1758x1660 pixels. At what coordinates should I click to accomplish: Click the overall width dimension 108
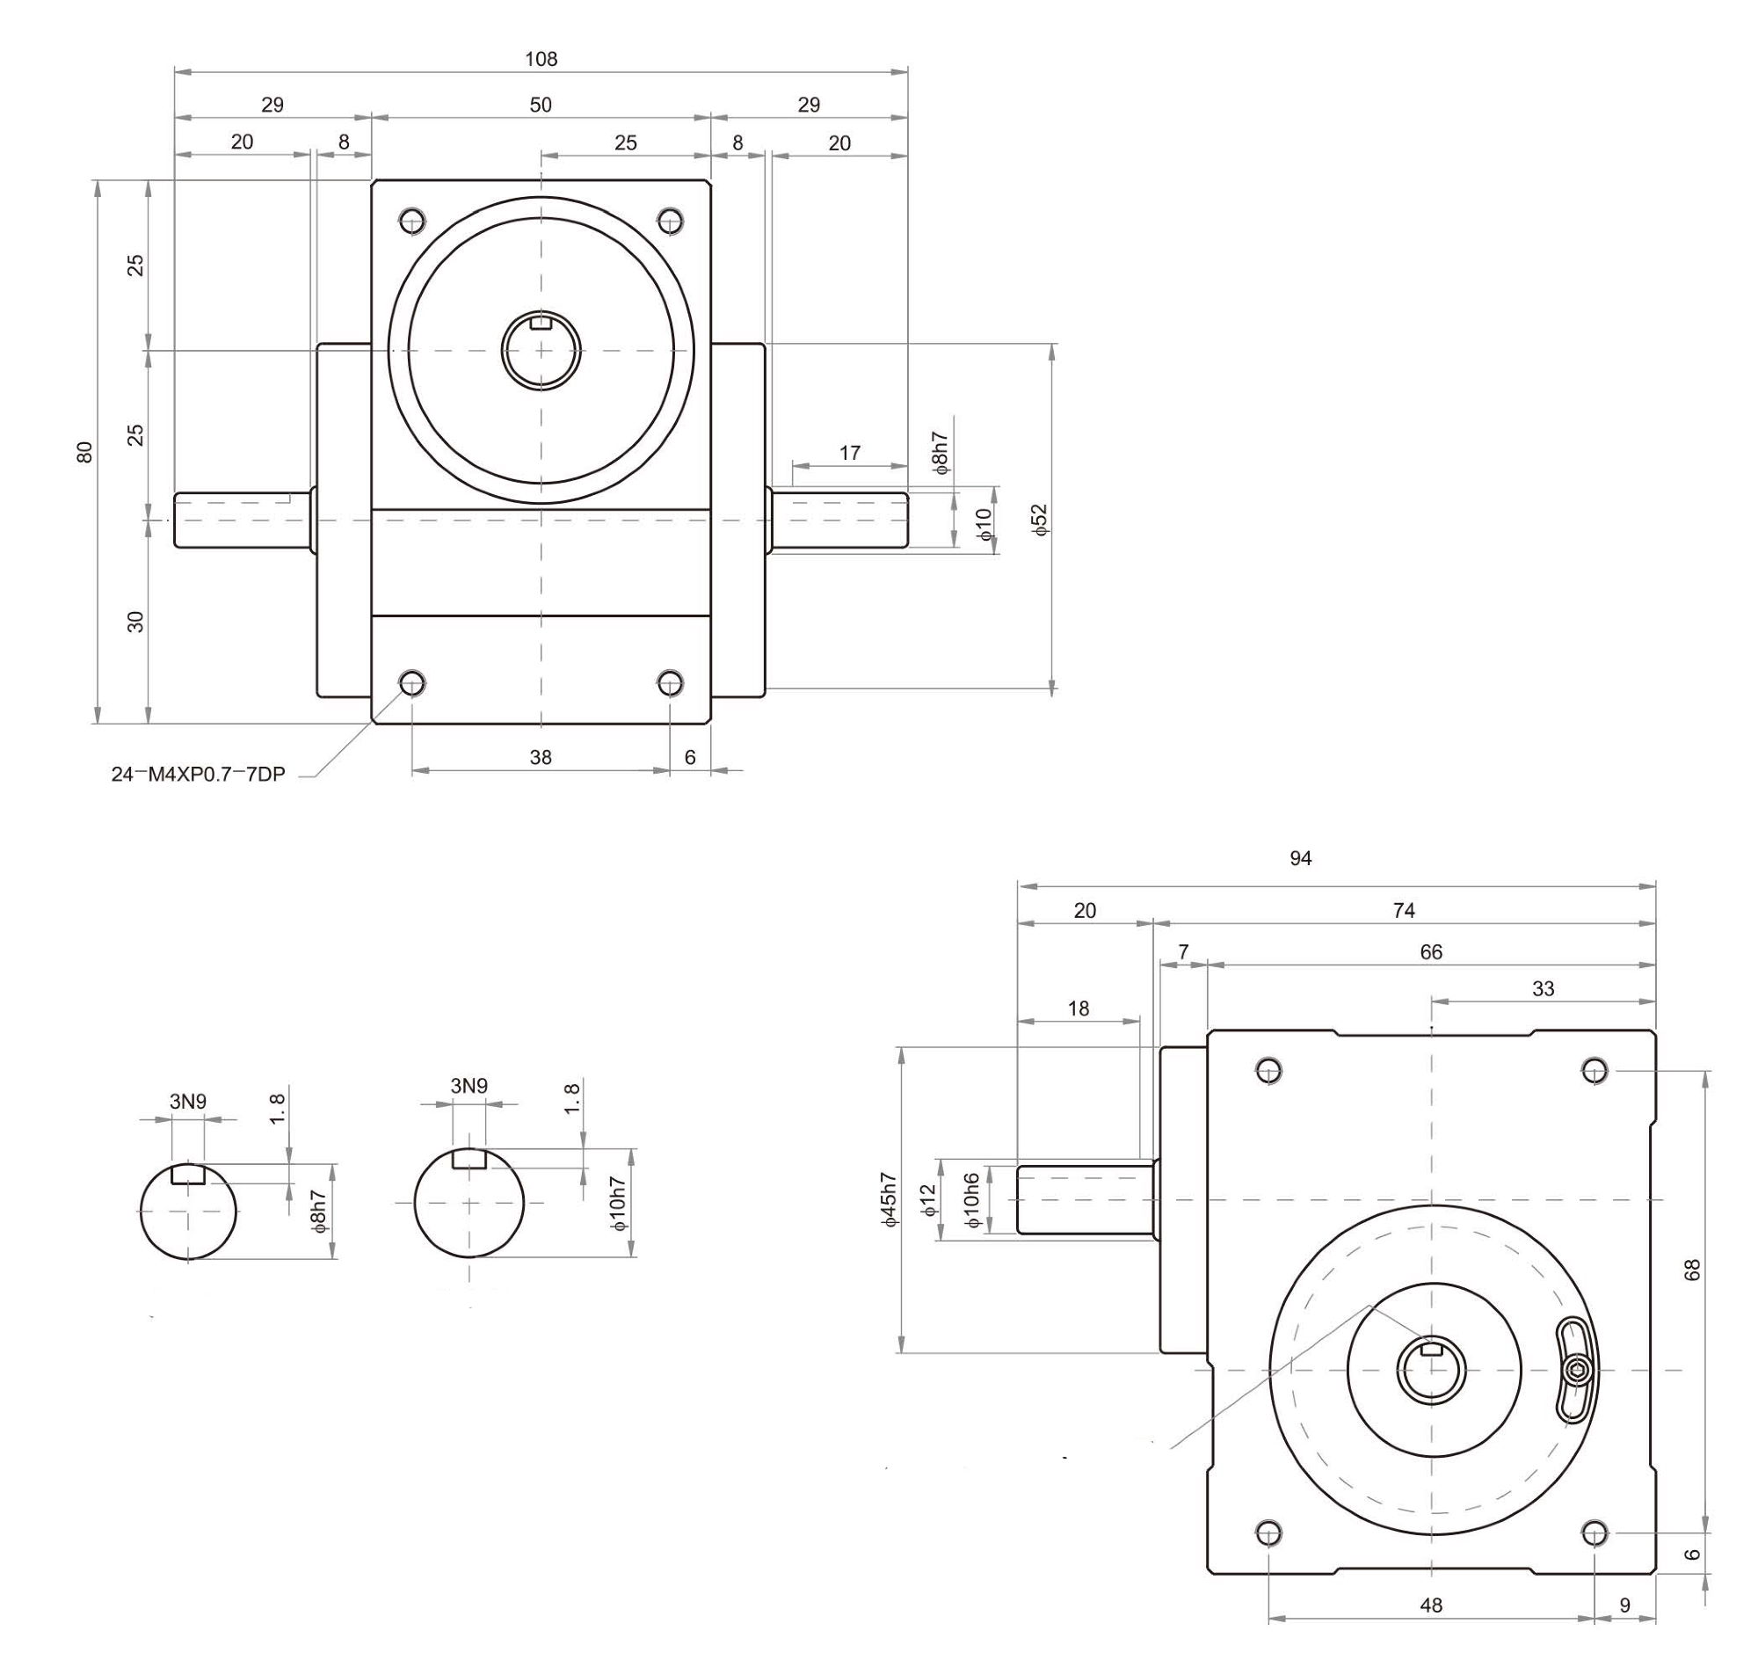[541, 59]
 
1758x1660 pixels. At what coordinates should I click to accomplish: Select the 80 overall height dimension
[85, 452]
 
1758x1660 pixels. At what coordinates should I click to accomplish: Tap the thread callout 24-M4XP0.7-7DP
[198, 775]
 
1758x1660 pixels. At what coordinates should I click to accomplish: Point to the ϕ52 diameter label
[1040, 520]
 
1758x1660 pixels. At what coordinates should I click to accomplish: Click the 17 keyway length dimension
[849, 453]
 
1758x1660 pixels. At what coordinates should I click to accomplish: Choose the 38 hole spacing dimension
[541, 757]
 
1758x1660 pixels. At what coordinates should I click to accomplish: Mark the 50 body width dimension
[541, 106]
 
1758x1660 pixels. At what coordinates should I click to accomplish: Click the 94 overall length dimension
[1300, 857]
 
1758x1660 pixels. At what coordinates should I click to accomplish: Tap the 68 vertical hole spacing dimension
[1692, 1270]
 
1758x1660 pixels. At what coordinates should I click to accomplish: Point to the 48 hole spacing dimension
[1431, 1605]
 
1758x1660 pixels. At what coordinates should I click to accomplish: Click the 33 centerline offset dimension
[1543, 988]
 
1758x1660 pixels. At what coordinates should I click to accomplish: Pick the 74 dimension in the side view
[1403, 910]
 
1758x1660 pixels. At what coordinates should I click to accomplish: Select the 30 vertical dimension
[135, 622]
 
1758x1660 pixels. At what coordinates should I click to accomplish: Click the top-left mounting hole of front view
[412, 221]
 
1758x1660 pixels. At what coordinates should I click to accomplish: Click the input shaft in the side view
[1085, 1200]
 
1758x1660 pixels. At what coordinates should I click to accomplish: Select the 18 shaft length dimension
[1078, 1008]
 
